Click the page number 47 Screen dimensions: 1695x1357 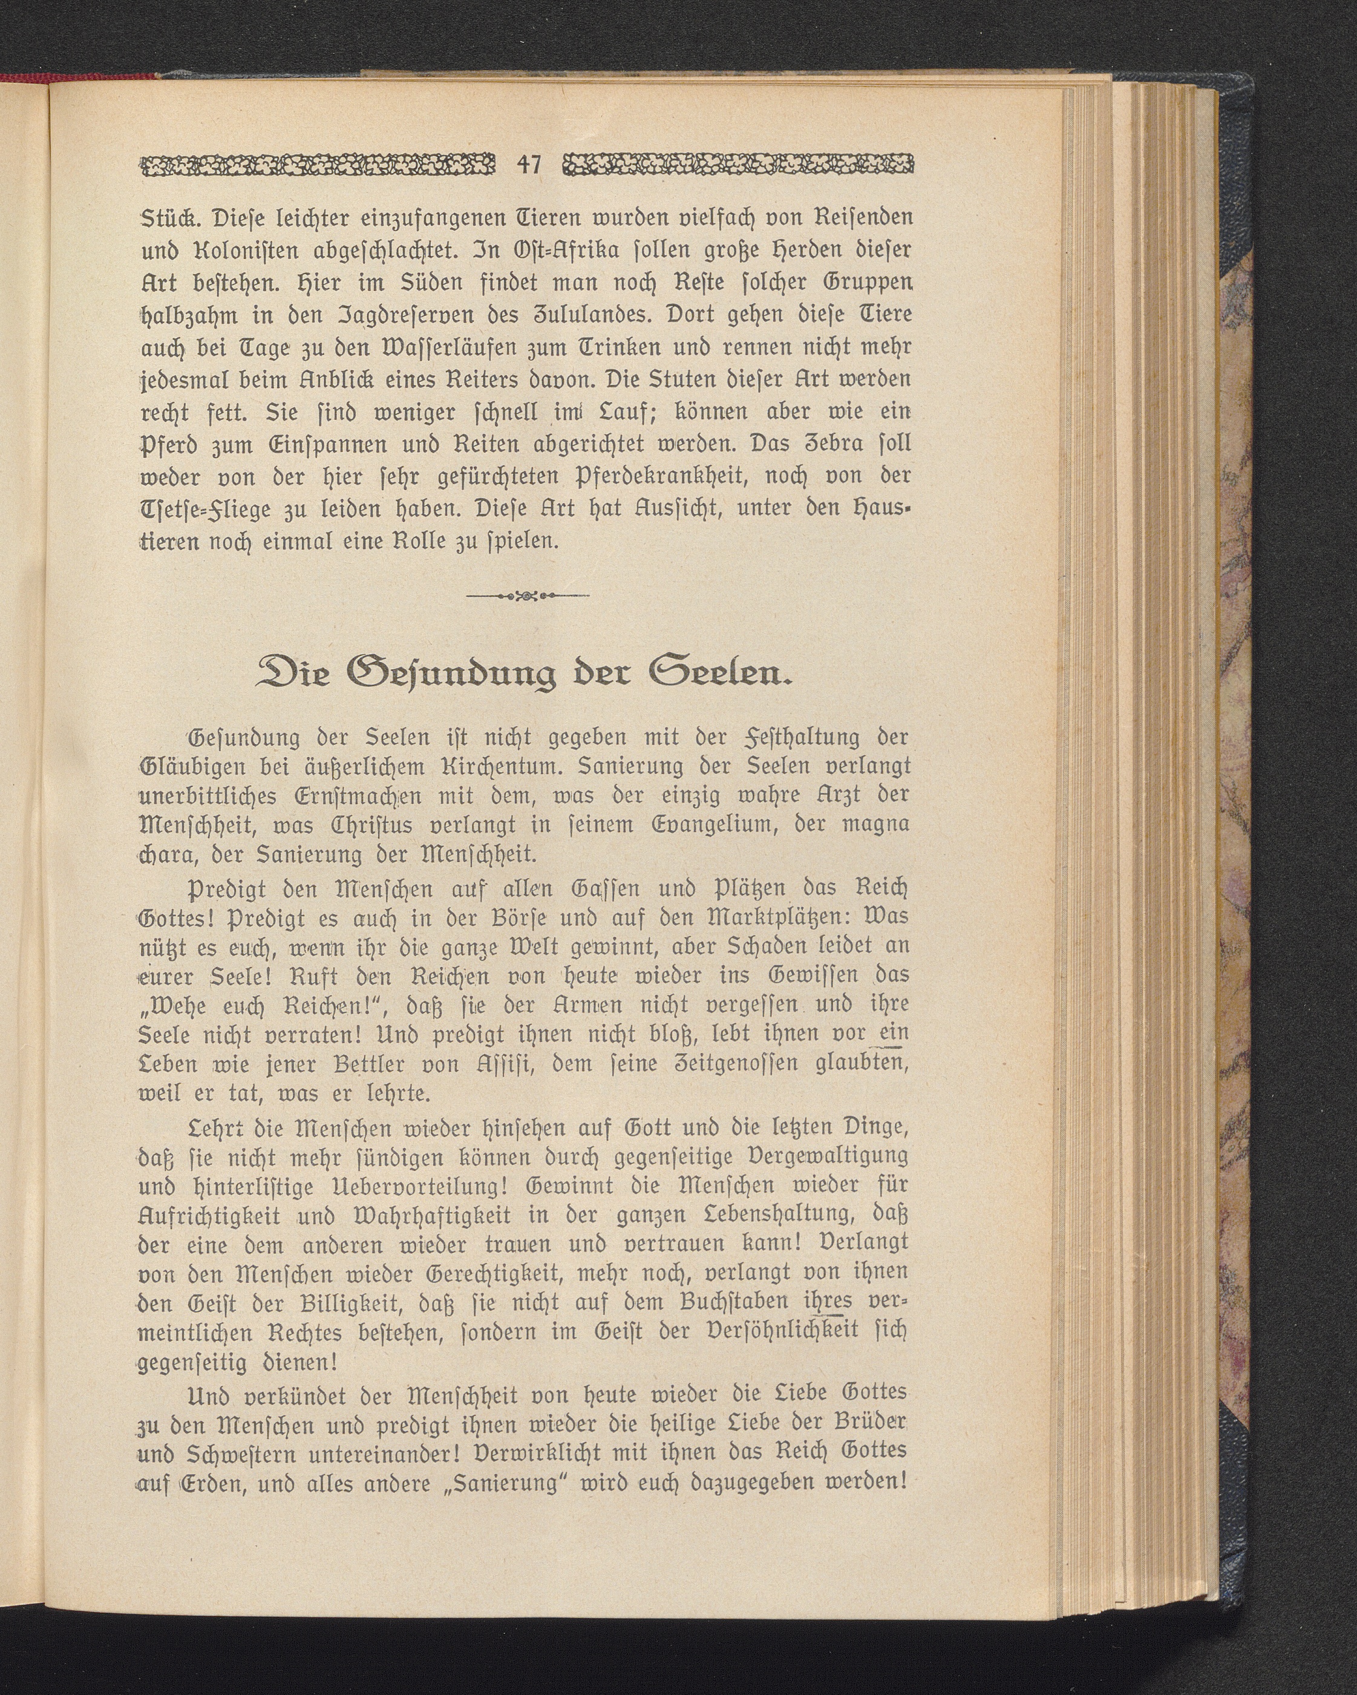(x=529, y=165)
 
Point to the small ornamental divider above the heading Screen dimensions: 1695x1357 (x=528, y=597)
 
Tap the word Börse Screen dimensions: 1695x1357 (x=509, y=917)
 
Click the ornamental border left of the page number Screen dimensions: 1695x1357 (x=318, y=165)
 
